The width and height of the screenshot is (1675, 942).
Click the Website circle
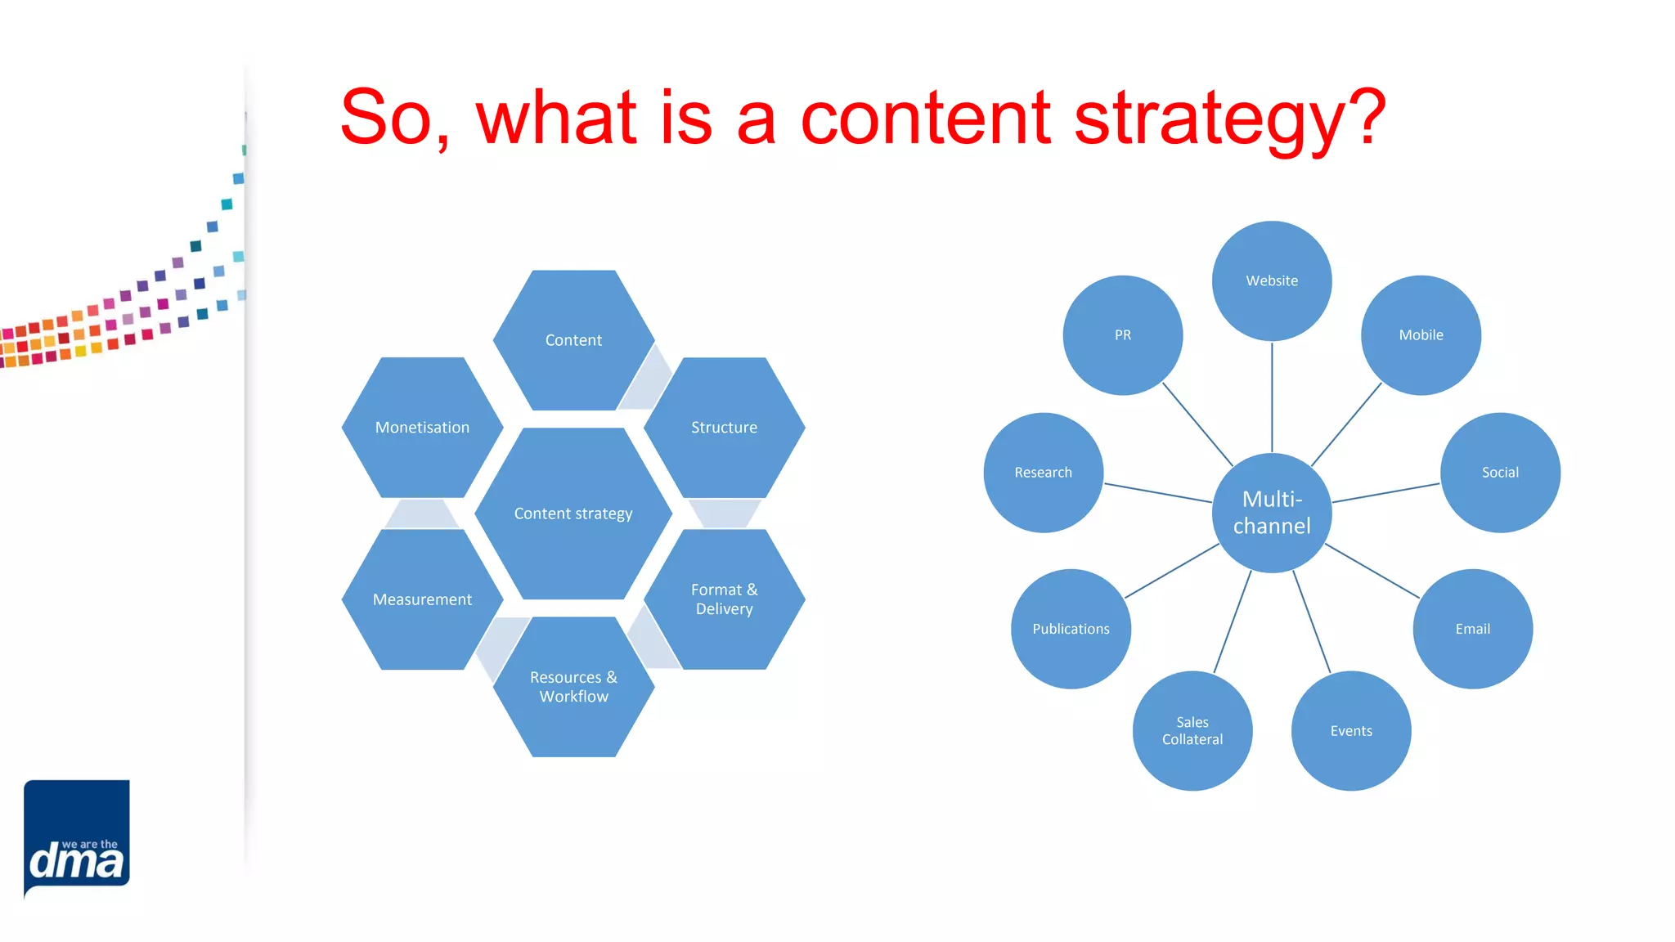tap(1272, 280)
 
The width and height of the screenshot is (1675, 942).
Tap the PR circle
tap(1122, 335)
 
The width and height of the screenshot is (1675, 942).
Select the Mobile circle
tap(1421, 335)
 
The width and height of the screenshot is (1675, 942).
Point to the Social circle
tap(1500, 473)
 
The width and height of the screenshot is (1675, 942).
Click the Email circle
tap(1472, 629)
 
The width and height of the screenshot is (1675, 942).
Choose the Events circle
tap(1351, 731)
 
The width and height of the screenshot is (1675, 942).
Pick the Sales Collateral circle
tap(1192, 731)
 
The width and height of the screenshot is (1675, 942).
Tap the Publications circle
tap(1071, 629)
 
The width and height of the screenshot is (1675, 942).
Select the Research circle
tap(1043, 473)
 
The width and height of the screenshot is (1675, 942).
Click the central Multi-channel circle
tap(1272, 513)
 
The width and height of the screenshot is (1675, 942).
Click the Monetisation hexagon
tap(422, 428)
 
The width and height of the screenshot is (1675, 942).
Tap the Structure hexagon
tap(724, 428)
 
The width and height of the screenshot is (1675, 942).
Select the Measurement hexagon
tap(422, 599)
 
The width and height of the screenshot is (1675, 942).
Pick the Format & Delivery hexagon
tap(724, 599)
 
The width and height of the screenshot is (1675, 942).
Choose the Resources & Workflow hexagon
tap(573, 687)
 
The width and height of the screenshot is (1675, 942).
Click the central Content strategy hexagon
tap(573, 514)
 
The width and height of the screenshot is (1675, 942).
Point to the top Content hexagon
tap(573, 340)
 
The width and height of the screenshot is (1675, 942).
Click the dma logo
tap(77, 838)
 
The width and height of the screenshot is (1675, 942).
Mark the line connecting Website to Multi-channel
tap(1272, 397)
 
